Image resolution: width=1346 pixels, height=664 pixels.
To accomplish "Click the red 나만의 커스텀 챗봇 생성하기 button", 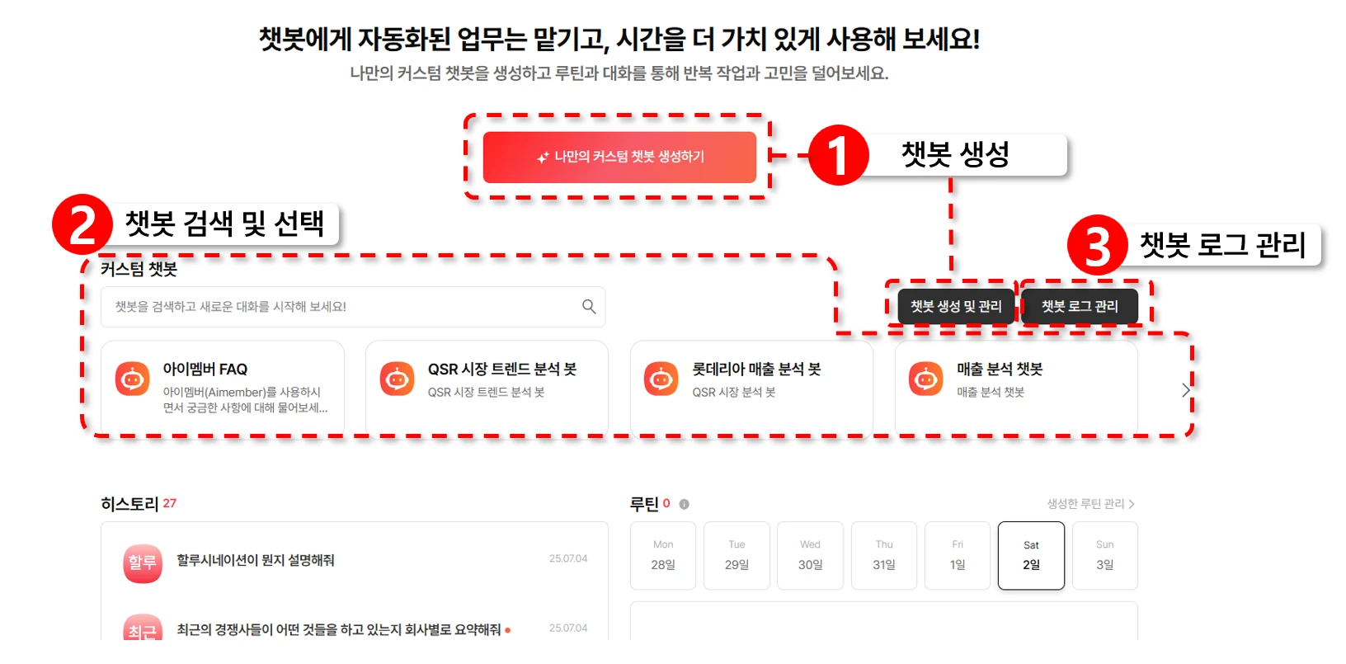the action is coord(619,158).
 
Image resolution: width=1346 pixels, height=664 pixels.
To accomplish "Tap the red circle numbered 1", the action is coord(838,155).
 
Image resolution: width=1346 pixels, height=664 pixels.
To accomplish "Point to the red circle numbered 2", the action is coord(82,224).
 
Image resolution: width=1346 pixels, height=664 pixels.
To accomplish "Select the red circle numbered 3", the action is coord(1097,245).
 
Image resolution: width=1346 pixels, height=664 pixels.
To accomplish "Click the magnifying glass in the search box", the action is coord(589,307).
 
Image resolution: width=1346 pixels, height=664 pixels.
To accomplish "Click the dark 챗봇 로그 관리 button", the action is coord(1080,307).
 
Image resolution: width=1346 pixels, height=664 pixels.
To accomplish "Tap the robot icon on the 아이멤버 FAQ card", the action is coord(132,379).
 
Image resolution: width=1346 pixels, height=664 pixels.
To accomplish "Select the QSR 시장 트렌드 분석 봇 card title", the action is coord(501,369).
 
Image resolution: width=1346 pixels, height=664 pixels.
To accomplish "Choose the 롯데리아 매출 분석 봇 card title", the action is coord(756,369).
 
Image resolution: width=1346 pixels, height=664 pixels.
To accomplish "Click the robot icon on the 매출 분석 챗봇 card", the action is coord(925,379).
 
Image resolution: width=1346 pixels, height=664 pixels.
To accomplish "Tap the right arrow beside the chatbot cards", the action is coord(1185,391).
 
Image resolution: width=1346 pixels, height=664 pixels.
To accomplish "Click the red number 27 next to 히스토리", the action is coord(169,503).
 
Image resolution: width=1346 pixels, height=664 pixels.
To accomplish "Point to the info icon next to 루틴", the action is coord(684,504).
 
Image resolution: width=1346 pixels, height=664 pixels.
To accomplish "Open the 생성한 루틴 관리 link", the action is coord(1090,503).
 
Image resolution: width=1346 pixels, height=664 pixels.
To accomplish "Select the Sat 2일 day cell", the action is coord(1031,555).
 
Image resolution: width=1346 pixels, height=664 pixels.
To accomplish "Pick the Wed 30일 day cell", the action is coord(810,555).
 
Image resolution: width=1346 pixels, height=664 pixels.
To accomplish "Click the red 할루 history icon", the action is coord(143,563).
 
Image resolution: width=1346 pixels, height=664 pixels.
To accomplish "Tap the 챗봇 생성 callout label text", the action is coord(955,154).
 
